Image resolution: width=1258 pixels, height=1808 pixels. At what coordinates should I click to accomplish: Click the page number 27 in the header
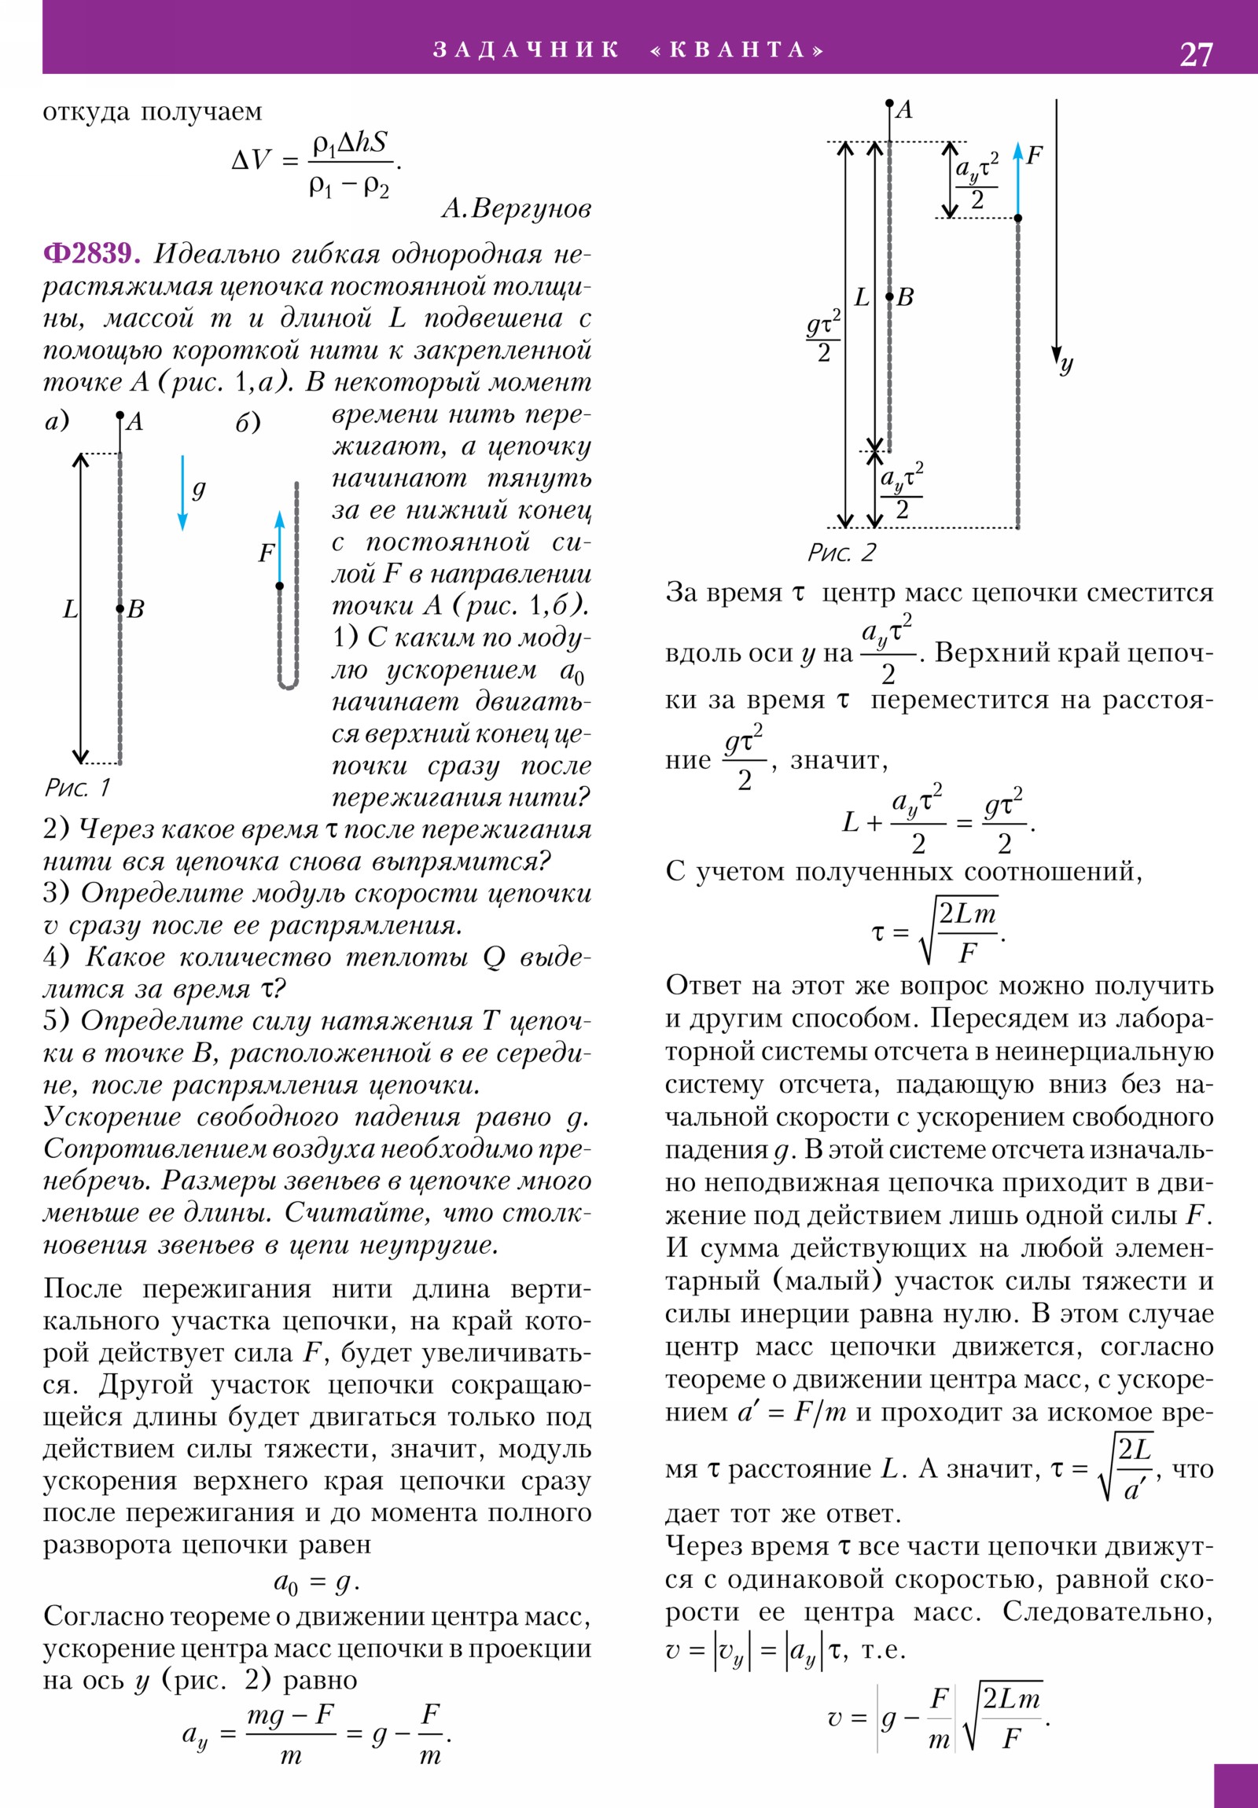tap(1196, 54)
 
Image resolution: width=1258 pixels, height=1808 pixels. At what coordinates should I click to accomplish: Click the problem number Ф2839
tap(91, 254)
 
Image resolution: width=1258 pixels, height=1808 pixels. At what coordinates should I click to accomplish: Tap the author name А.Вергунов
tap(516, 208)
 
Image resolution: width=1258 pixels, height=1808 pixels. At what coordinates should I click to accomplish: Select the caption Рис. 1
tap(77, 787)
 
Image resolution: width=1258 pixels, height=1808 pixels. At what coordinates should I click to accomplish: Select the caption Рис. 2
tap(841, 553)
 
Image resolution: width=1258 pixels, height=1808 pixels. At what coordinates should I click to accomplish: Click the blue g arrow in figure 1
tap(182, 493)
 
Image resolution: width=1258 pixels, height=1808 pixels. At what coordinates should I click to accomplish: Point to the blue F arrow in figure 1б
tap(280, 547)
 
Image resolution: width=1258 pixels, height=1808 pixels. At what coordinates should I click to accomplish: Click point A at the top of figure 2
tap(889, 103)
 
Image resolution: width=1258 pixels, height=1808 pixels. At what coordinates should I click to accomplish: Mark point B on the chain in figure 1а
tap(120, 608)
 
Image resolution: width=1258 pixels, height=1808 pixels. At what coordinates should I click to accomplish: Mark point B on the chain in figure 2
tap(889, 297)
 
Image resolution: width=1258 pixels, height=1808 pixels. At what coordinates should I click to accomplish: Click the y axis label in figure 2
tap(1066, 364)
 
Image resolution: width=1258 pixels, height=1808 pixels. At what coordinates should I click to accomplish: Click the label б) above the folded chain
tap(248, 423)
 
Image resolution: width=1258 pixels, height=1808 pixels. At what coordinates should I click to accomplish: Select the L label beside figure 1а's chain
tap(70, 608)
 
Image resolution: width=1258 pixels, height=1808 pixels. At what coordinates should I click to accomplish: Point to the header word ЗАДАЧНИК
tap(525, 50)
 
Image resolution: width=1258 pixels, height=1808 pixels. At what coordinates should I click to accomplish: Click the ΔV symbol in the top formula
tap(251, 160)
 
